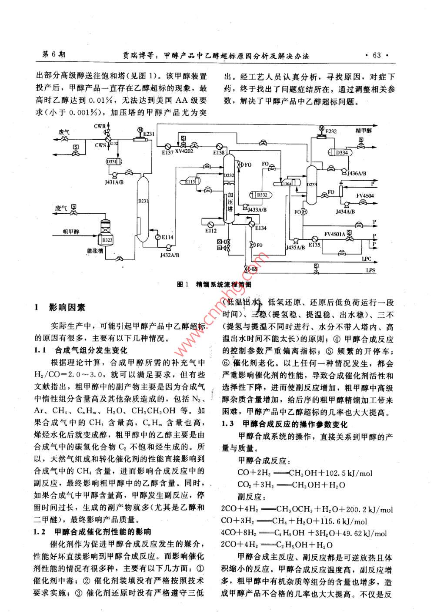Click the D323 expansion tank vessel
(107, 239)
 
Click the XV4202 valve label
(184, 151)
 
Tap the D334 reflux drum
(341, 152)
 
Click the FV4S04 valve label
(365, 195)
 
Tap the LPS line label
(371, 270)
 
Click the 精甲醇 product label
(364, 130)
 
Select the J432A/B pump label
(169, 255)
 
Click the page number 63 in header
(377, 55)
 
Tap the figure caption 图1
(183, 284)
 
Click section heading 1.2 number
(40, 531)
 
